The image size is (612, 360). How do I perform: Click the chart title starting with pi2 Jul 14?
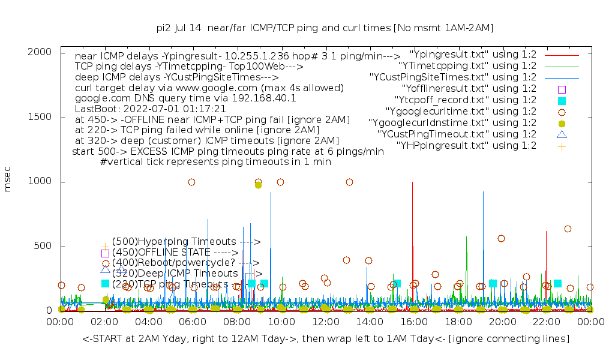click(325, 28)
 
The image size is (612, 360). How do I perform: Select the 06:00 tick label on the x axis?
click(193, 322)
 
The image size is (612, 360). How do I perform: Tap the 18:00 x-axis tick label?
click(458, 322)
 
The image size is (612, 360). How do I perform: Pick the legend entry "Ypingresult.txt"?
click(473, 54)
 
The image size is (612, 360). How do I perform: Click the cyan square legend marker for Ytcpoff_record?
click(562, 100)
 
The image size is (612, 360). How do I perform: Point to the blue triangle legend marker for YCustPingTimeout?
click(562, 134)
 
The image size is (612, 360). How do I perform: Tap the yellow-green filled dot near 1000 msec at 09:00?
click(258, 185)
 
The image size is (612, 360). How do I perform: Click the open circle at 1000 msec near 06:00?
click(191, 182)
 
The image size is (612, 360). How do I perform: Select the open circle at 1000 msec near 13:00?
click(349, 182)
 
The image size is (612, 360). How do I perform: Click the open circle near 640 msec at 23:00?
click(568, 229)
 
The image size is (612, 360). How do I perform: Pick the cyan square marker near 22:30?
click(557, 283)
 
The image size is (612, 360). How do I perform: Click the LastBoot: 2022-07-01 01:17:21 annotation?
click(150, 109)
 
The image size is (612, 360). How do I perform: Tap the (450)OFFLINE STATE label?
click(175, 253)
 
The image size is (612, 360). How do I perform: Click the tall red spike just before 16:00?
click(412, 240)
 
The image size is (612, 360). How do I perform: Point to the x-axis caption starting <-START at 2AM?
click(326, 339)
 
